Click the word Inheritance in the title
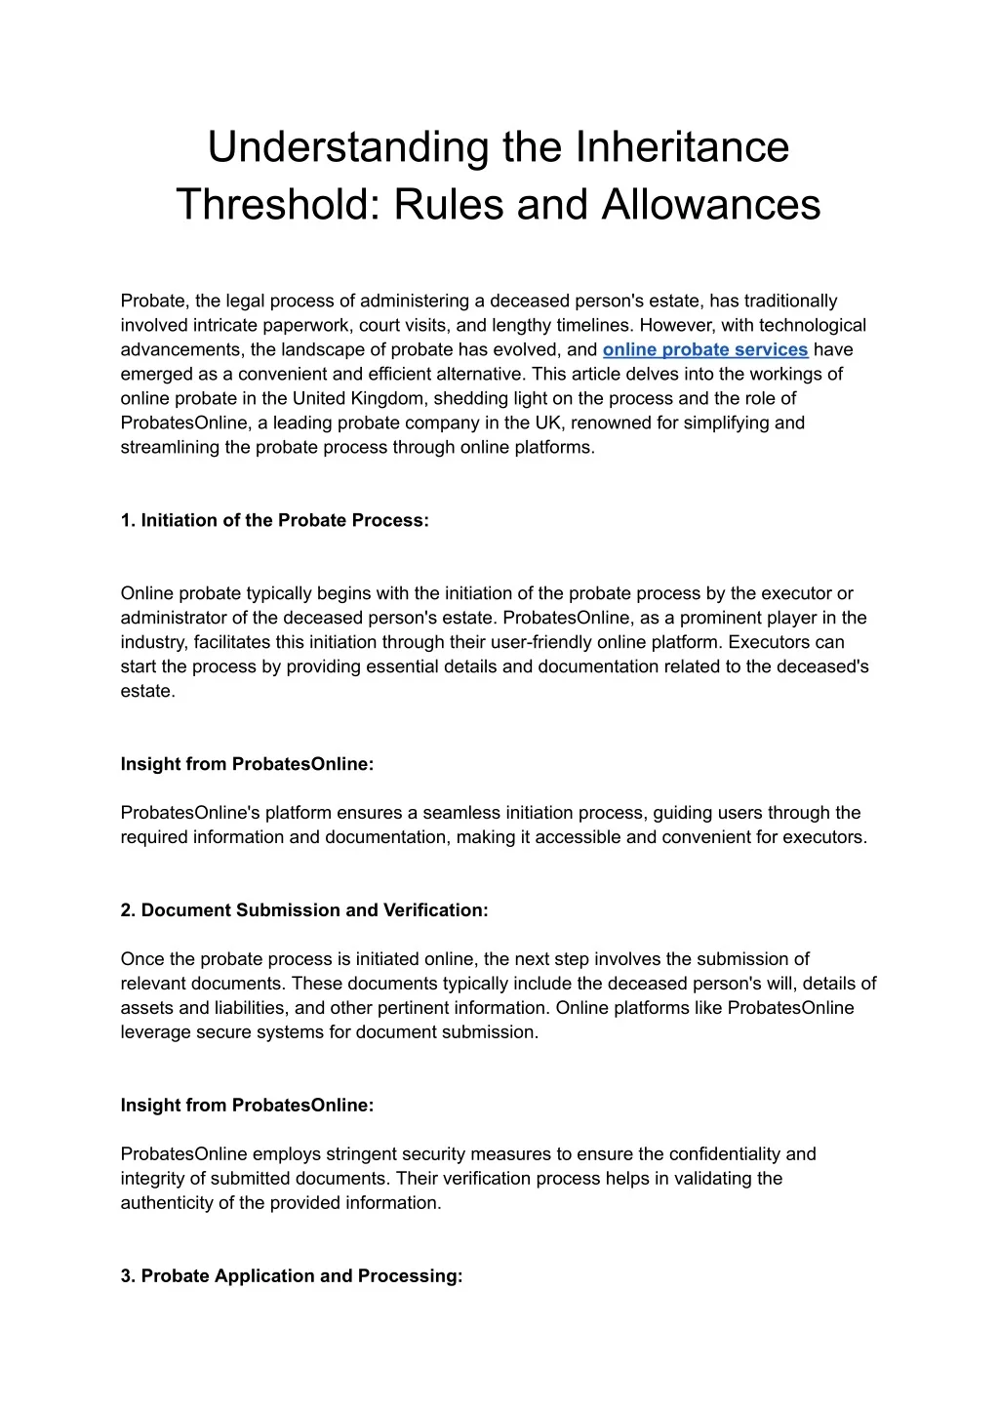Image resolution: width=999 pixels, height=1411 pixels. [682, 147]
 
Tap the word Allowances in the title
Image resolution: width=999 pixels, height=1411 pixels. [711, 205]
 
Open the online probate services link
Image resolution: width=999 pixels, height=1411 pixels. [705, 349]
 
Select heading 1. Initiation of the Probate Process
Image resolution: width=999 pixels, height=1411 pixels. [274, 520]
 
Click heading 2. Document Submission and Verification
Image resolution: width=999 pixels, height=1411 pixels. [304, 910]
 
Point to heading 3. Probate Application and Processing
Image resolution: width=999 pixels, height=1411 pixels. [292, 1276]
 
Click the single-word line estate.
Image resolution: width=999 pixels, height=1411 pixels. [146, 691]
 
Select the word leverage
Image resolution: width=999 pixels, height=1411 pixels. [154, 1032]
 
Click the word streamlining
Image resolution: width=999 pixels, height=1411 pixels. [171, 447]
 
